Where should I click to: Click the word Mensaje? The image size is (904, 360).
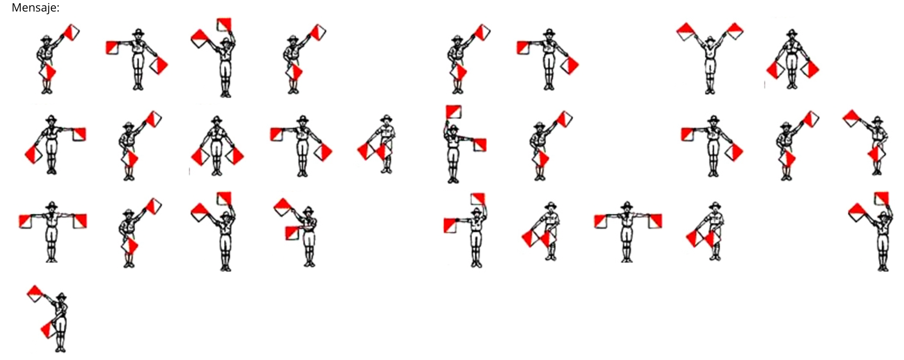35,8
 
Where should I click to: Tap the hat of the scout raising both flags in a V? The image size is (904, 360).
710,39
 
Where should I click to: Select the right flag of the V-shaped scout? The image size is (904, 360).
735,31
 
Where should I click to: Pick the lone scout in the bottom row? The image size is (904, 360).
54,319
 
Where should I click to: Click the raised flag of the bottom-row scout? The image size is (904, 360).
36,294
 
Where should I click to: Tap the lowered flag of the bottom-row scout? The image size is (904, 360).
48,329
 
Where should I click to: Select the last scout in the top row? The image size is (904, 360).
792,59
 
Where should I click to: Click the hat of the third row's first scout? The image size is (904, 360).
52,205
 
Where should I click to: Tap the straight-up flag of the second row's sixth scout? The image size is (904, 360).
453,112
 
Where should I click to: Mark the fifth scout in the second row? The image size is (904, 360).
377,144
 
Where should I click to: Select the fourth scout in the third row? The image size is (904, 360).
297,233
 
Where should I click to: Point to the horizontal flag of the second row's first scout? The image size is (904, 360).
79,134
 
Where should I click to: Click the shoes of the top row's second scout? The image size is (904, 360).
138,87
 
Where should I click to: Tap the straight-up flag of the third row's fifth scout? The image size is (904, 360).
477,199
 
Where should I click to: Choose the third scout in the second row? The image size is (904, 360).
217,145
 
